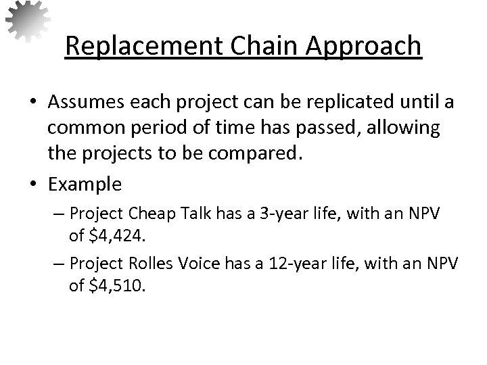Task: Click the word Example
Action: (85, 183)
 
